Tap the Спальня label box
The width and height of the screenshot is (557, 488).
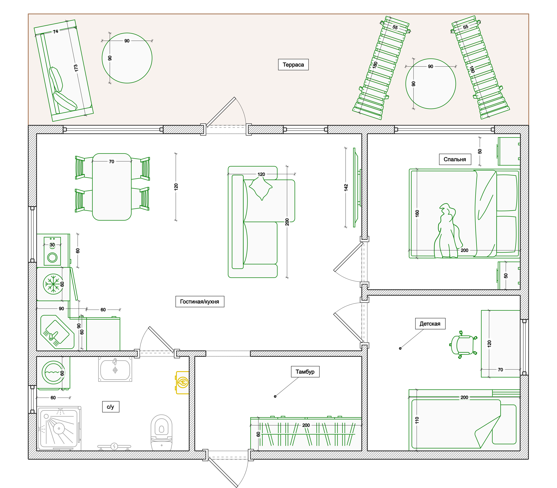pyautogui.click(x=455, y=159)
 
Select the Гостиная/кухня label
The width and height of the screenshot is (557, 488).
pyautogui.click(x=200, y=302)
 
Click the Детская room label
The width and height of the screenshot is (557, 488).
pyautogui.click(x=430, y=323)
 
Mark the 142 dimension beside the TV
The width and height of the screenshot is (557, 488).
pyautogui.click(x=346, y=187)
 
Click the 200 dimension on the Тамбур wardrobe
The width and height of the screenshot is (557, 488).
pyautogui.click(x=306, y=425)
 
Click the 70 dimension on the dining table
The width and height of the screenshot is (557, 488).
pyautogui.click(x=111, y=161)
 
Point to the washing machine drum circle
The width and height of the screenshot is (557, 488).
pyautogui.click(x=53, y=372)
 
